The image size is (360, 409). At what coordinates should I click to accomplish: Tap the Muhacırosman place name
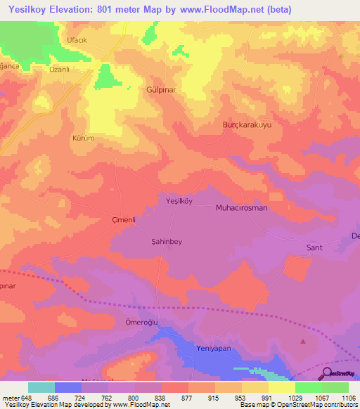tap(241, 208)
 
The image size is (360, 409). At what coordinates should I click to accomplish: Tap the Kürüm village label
tap(83, 138)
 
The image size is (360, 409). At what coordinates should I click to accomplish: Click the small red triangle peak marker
tap(303, 342)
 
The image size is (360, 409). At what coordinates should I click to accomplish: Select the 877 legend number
tap(187, 398)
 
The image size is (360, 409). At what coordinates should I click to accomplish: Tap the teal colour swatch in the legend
tap(41, 387)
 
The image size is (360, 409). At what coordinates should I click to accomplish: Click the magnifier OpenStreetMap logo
tap(326, 373)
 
